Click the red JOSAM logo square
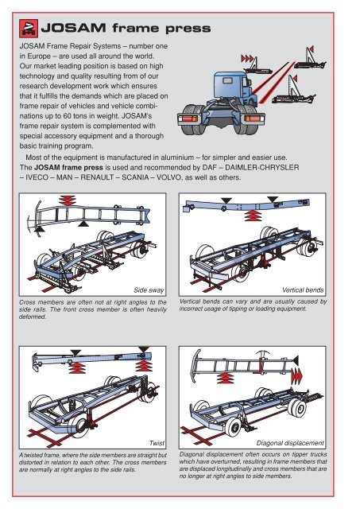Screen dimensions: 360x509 [x=29, y=29]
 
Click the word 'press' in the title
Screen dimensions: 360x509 [x=188, y=29]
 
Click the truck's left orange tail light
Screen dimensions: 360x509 [x=189, y=119]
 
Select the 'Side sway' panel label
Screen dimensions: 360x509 [x=149, y=289]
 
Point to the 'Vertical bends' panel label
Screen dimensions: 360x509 [x=303, y=289]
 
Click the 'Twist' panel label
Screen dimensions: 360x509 [x=157, y=443]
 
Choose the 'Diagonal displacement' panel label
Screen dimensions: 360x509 [x=290, y=443]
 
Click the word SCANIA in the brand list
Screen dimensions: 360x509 [x=135, y=177]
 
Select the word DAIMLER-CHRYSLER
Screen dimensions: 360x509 [x=262, y=168]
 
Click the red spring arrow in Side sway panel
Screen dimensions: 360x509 [x=68, y=200]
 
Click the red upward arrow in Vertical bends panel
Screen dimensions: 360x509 [x=253, y=216]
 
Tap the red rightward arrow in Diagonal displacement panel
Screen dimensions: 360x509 [x=296, y=376]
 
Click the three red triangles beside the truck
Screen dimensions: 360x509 [x=247, y=59]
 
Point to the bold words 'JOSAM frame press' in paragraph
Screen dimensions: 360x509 [x=68, y=168]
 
